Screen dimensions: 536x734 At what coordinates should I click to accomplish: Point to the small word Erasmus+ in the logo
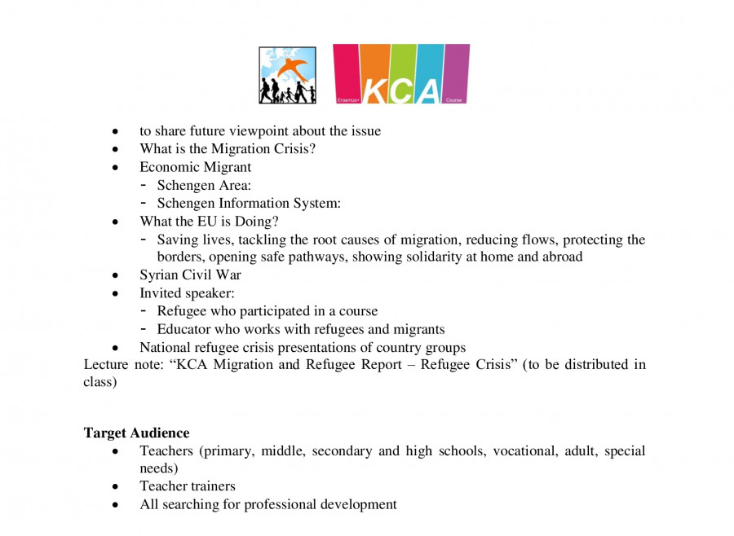pos(348,100)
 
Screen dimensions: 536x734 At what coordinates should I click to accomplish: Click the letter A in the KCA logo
pos(429,90)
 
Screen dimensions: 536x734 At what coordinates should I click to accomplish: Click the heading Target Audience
pos(136,433)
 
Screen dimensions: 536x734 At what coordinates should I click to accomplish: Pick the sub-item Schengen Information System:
pos(249,203)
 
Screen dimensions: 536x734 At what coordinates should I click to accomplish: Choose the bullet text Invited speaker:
pos(187,292)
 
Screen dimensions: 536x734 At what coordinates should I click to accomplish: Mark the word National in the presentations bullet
pos(165,347)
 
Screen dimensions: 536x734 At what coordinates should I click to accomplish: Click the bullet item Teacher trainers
pos(188,486)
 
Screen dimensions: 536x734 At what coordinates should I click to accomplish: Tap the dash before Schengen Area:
pos(144,185)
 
